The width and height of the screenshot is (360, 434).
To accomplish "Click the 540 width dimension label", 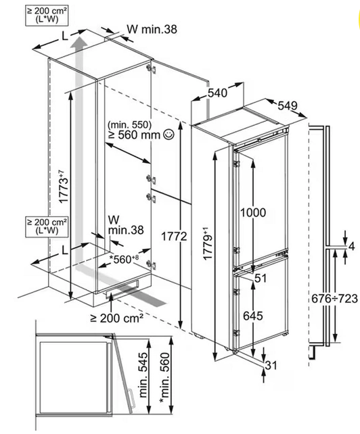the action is (217, 93).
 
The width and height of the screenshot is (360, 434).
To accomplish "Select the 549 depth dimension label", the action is (288, 105).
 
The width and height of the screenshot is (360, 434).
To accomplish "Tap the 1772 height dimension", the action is (174, 237).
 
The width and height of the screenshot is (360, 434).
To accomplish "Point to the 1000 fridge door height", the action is (253, 212).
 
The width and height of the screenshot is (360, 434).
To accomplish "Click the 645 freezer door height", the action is (253, 316).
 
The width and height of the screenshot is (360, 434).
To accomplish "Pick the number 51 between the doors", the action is (261, 278).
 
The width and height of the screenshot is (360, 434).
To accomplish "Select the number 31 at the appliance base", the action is (271, 365).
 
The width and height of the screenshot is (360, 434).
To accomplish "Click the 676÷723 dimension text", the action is (334, 299).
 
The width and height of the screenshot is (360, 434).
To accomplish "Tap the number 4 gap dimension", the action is (351, 246).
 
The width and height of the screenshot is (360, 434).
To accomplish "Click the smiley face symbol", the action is (169, 135).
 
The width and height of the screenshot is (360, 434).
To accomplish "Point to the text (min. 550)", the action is (130, 125).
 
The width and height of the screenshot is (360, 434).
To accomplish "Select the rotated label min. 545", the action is (143, 375).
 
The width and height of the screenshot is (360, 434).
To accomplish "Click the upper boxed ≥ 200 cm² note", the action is (47, 16).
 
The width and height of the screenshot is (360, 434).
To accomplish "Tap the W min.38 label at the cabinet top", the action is (152, 29).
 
